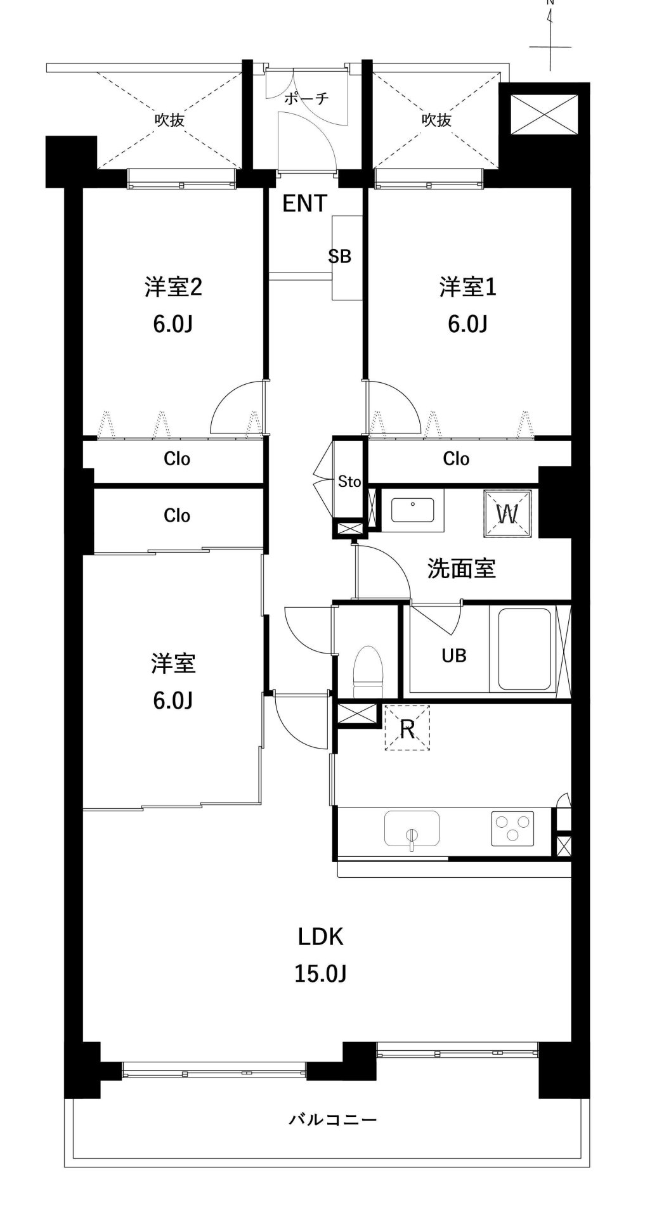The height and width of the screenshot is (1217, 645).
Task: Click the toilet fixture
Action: pos(368,671)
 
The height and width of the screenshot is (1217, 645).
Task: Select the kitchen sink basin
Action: pos(412,828)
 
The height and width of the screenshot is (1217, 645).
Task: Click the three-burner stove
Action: pos(512,828)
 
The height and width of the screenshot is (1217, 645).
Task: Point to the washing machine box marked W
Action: pos(507,513)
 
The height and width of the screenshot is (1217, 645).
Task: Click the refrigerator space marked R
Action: pos(407,728)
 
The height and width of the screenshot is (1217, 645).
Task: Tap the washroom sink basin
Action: pos(413,510)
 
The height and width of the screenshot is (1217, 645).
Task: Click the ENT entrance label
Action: pos(304,203)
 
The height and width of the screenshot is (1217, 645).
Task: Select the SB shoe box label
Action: pos(339,256)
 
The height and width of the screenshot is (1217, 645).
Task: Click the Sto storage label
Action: pos(349,482)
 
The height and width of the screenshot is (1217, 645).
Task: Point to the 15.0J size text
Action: pos(320,973)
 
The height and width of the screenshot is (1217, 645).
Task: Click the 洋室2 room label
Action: pos(173,287)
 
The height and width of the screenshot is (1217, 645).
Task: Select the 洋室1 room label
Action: pos(467,287)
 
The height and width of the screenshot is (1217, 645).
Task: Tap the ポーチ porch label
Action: pos(306,98)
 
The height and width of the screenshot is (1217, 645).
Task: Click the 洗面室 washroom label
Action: pos(461,568)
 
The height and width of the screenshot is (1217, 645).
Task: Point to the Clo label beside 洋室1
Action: pos(456,458)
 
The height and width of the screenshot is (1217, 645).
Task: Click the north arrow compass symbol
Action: pos(551,35)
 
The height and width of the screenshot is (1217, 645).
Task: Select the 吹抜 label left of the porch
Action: pos(169,119)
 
